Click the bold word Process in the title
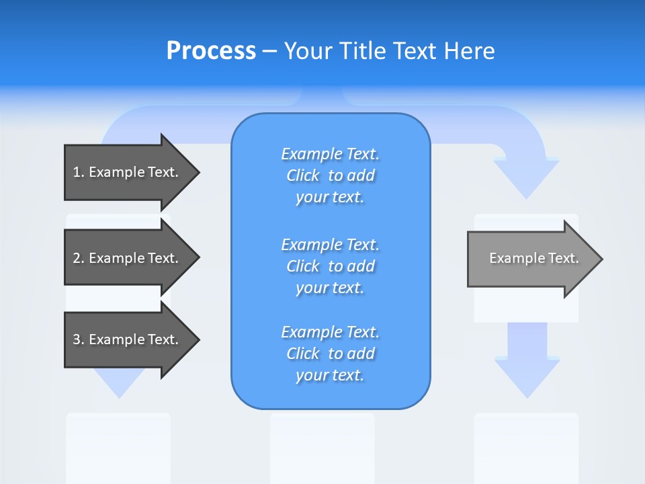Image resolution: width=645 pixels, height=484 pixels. pyautogui.click(x=211, y=51)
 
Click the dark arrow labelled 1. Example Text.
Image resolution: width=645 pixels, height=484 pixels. pyautogui.click(x=128, y=172)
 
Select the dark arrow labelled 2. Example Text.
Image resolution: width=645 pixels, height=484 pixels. pyautogui.click(x=128, y=258)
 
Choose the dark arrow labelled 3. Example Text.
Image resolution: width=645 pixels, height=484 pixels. pyautogui.click(x=128, y=339)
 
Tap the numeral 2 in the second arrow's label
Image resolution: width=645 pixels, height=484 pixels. pyautogui.click(x=77, y=258)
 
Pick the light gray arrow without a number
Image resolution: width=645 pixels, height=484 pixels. pyautogui.click(x=531, y=259)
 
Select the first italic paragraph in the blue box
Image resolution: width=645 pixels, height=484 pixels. pyautogui.click(x=330, y=175)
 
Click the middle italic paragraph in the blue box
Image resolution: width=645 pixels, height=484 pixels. pyautogui.click(x=330, y=266)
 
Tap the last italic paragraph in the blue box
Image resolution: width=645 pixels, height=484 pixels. pyautogui.click(x=330, y=354)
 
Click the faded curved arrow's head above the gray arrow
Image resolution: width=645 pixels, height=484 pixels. pyautogui.click(x=526, y=176)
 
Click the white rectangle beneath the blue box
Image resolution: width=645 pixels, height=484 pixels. pyautogui.click(x=322, y=448)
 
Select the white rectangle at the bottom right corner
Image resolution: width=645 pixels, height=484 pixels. pyautogui.click(x=526, y=448)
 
